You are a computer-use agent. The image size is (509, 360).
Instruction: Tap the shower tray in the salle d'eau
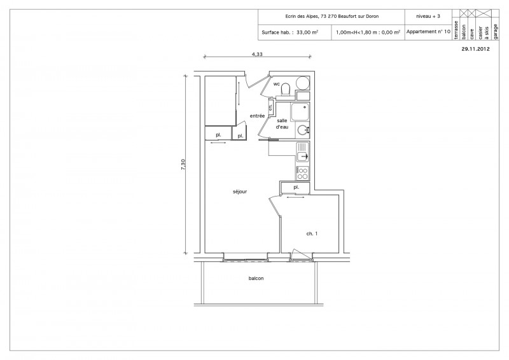point(300,112)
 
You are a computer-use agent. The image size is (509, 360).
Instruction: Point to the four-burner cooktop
point(302,172)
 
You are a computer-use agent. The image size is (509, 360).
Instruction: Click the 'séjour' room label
point(240,191)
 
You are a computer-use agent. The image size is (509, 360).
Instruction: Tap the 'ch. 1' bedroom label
point(312,234)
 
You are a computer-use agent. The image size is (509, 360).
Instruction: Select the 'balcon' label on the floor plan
point(256,279)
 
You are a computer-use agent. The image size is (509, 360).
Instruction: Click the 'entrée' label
point(257,116)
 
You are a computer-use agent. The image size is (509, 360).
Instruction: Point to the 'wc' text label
point(277,84)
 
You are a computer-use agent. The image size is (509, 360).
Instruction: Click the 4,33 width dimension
point(257,54)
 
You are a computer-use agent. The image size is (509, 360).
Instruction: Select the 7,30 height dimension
point(184,163)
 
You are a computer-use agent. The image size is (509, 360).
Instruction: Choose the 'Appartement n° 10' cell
point(428,31)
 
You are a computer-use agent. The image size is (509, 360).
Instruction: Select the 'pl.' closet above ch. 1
point(296,188)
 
